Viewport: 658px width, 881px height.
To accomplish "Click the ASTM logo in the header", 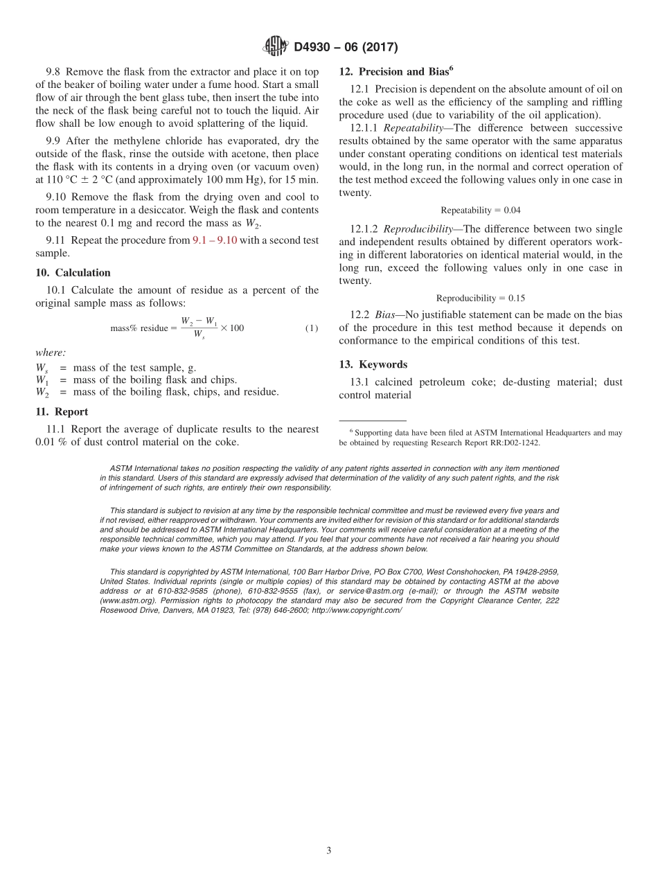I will [276, 47].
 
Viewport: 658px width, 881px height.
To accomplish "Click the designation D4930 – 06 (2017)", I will [346, 47].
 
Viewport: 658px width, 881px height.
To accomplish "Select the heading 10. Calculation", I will [73, 272].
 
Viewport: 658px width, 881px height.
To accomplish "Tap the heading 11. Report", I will [62, 411].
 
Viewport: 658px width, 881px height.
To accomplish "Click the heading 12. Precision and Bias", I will [395, 71].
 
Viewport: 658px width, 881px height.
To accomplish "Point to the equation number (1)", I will [312, 328].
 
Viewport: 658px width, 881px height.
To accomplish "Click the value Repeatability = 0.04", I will [480, 210].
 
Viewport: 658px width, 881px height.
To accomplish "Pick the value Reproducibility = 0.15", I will [480, 298].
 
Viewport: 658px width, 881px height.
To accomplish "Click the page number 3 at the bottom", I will [329, 851].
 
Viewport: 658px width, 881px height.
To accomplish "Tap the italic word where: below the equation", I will [51, 353].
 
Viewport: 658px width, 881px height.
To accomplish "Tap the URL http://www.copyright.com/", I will [357, 610].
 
